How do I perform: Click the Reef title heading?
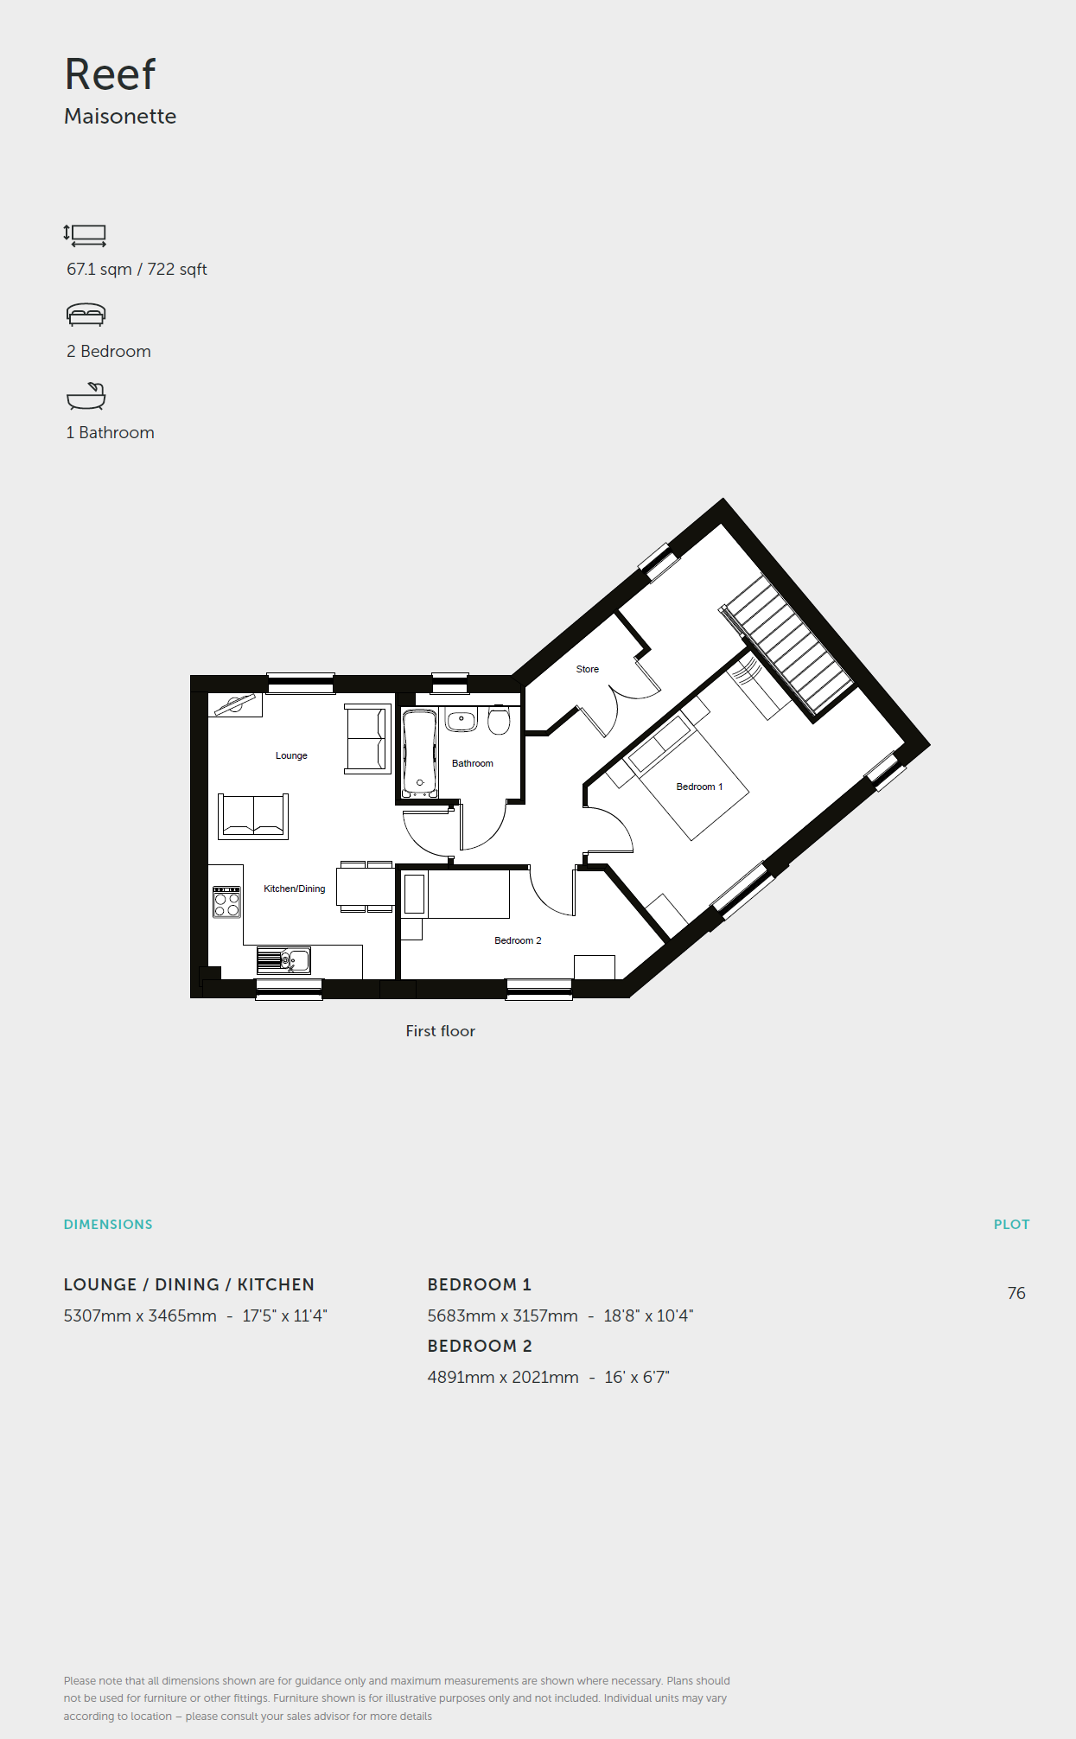[x=110, y=74]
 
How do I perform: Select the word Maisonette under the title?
[x=120, y=117]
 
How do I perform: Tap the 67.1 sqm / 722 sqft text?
[x=137, y=270]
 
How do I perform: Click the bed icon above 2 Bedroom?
[x=86, y=315]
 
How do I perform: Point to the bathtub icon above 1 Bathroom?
[x=86, y=396]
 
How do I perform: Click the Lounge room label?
[x=291, y=755]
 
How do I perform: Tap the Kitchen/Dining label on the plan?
[x=295, y=889]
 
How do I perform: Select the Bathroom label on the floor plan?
[x=473, y=763]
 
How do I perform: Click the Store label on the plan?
[x=588, y=669]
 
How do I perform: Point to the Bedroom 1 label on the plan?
[x=699, y=787]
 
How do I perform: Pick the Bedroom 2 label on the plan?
[x=518, y=940]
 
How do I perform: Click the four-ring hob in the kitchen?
[x=226, y=902]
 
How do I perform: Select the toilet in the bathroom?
[x=499, y=719]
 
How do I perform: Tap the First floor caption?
[x=441, y=1031]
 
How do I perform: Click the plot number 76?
[x=1016, y=1293]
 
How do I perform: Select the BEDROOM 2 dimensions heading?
[x=480, y=1346]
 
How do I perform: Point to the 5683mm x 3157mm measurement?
[x=503, y=1315]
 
